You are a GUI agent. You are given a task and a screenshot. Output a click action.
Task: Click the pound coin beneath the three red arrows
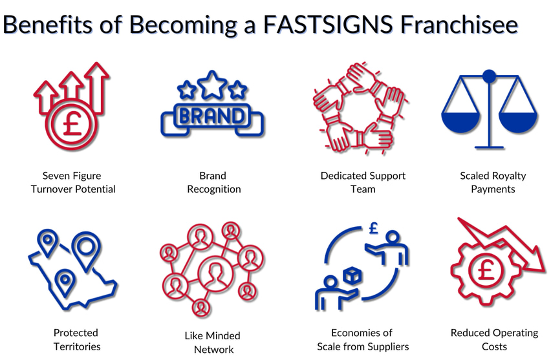click(x=72, y=125)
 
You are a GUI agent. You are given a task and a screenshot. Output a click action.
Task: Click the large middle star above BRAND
click(x=212, y=85)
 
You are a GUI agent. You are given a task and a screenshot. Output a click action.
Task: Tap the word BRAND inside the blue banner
click(x=211, y=116)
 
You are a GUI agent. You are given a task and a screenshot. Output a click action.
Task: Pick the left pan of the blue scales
click(x=460, y=122)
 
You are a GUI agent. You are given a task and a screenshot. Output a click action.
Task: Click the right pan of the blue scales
click(x=518, y=122)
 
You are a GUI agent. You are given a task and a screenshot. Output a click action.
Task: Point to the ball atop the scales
click(x=489, y=76)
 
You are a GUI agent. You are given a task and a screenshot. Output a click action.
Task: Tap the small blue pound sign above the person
click(x=374, y=228)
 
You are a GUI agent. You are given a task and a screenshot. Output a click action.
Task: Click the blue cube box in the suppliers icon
click(x=352, y=276)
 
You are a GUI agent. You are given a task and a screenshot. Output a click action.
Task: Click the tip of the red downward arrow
click(x=544, y=271)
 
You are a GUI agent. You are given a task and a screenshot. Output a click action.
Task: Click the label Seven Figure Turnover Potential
click(x=72, y=182)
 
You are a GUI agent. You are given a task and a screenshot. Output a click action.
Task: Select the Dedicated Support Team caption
click(x=363, y=182)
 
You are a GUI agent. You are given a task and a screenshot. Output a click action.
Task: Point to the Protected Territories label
click(x=76, y=339)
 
